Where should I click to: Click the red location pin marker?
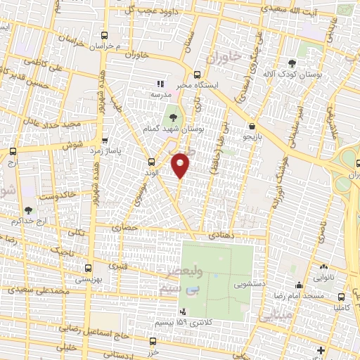[x=181, y=165]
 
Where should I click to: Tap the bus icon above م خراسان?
[x=105, y=34]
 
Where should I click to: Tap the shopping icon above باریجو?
[x=252, y=127]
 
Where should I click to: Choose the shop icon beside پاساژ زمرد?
[x=105, y=140]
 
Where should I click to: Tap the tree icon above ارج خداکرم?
[x=28, y=210]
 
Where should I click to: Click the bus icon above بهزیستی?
[x=89, y=268]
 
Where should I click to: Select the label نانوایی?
[x=323, y=278]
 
